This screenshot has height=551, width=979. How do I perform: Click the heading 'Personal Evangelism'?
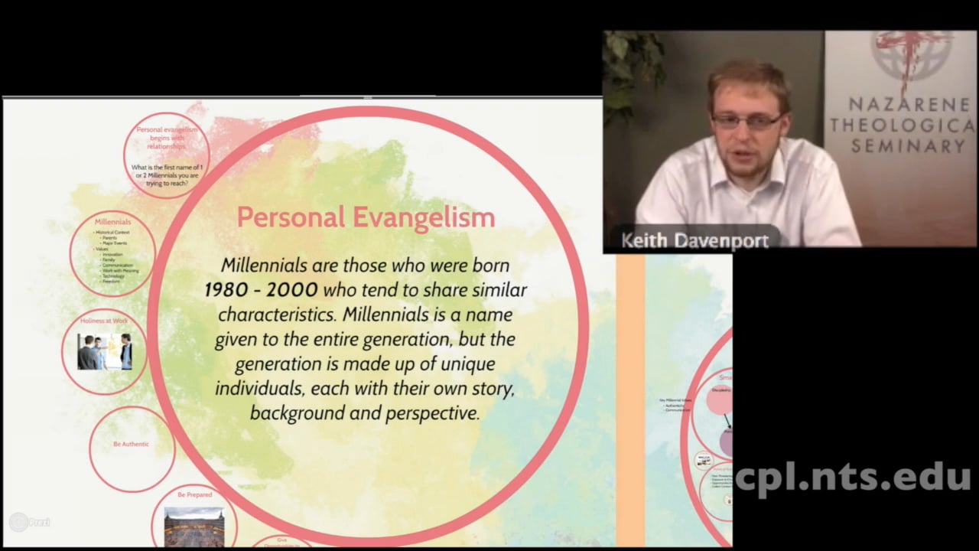pyautogui.click(x=366, y=217)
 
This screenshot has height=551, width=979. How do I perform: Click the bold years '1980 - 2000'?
pyautogui.click(x=261, y=290)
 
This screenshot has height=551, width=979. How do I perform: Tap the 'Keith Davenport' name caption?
pyautogui.click(x=694, y=241)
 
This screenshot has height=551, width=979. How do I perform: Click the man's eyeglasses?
pyautogui.click(x=746, y=120)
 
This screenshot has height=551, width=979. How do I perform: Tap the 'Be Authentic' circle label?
pyautogui.click(x=131, y=444)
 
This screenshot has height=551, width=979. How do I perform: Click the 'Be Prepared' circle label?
pyautogui.click(x=194, y=495)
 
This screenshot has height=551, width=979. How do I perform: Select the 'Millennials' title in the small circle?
pyautogui.click(x=112, y=222)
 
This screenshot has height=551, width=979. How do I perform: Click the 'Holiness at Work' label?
pyautogui.click(x=104, y=321)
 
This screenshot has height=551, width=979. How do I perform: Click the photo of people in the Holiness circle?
pyautogui.click(x=104, y=352)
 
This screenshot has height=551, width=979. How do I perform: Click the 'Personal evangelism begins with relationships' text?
pyautogui.click(x=167, y=138)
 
